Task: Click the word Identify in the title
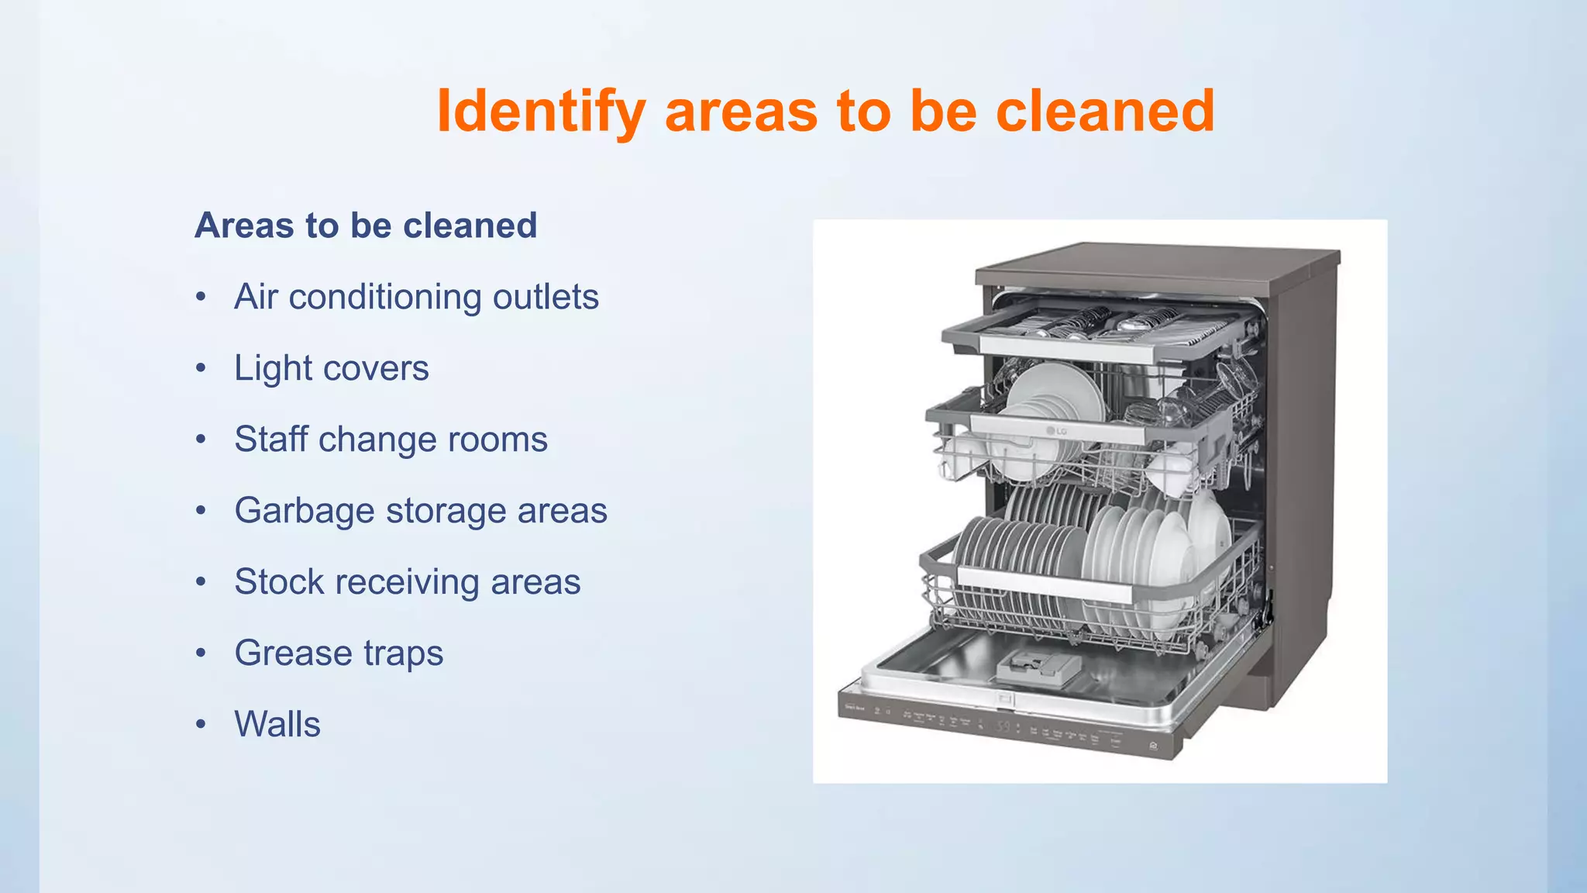(540, 112)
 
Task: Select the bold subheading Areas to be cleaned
(366, 226)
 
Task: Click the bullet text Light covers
(331, 368)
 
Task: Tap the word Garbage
(304, 511)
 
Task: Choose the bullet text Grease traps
(339, 653)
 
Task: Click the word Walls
(277, 725)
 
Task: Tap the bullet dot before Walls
(201, 725)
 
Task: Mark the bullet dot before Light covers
(201, 368)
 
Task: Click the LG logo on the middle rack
(1057, 431)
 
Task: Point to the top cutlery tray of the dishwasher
(1100, 326)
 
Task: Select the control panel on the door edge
(1007, 725)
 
